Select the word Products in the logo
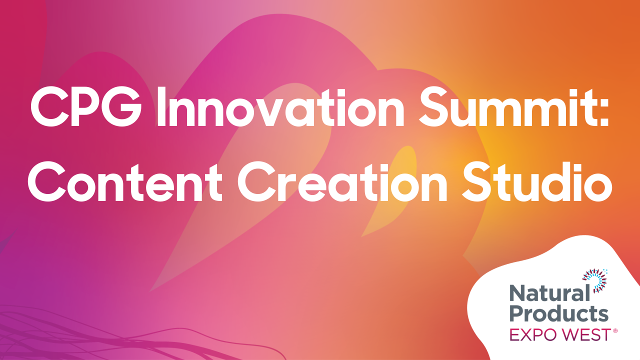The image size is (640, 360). (x=558, y=314)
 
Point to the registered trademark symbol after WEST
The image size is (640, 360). (x=615, y=330)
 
